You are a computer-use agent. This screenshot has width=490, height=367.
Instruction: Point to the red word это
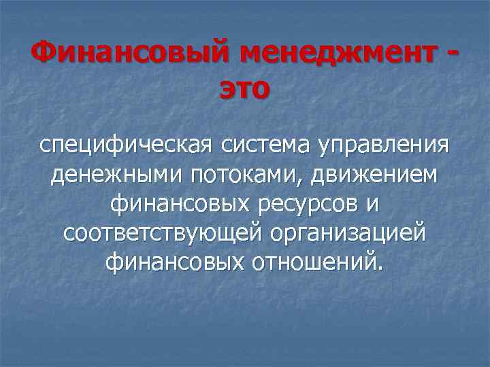(244, 89)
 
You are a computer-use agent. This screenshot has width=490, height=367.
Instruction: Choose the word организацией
(348, 233)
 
